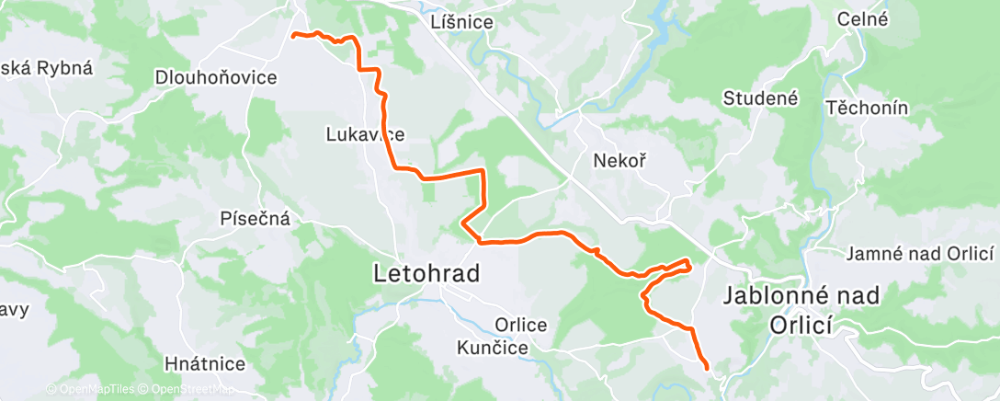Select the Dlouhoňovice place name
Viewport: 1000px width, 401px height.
coord(216,77)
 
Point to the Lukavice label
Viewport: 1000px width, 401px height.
coord(365,134)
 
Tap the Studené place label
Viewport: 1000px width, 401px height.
coord(761,97)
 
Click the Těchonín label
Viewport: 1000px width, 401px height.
coord(867,108)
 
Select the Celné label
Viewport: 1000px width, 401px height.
coord(862,18)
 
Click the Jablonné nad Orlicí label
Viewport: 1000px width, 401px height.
coord(801,310)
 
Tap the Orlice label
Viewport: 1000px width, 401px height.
coord(521,325)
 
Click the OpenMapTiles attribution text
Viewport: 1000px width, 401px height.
coord(90,389)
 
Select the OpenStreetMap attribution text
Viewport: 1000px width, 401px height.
coord(186,389)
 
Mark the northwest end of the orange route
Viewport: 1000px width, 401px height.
coord(293,36)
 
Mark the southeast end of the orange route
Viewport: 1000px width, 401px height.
coord(707,368)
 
